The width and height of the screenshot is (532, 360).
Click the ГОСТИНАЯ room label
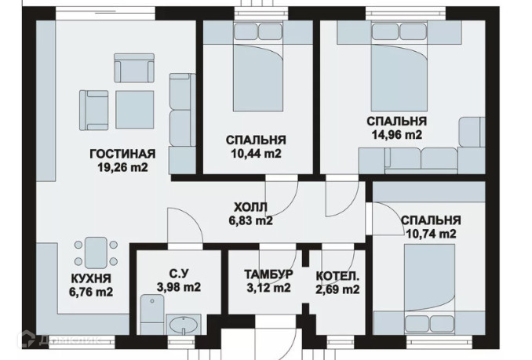click(x=122, y=154)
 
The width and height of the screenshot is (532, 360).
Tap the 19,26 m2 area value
click(x=122, y=167)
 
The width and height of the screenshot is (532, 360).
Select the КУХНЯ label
click(x=91, y=278)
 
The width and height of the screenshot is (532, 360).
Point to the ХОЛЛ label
click(x=251, y=207)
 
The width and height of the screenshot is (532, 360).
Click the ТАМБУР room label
click(x=268, y=274)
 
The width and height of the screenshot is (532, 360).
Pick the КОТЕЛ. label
click(x=337, y=276)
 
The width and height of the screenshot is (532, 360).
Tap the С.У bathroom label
click(x=178, y=273)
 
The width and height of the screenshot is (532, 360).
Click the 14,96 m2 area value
click(x=396, y=135)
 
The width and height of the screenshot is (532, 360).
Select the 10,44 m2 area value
click(x=256, y=154)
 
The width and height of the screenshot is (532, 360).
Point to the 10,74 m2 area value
click(x=431, y=234)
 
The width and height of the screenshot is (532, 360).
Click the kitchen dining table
click(x=96, y=253)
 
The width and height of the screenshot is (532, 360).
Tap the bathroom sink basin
click(x=183, y=325)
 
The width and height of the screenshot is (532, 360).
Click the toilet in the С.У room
click(x=152, y=315)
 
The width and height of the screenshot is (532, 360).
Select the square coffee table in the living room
click(x=135, y=109)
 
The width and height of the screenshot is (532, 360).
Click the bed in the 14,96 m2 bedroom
click(x=399, y=66)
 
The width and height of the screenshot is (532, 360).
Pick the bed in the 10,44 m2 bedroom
click(x=258, y=66)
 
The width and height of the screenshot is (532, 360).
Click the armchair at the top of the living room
click(x=134, y=67)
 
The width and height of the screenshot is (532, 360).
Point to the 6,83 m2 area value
click(x=251, y=220)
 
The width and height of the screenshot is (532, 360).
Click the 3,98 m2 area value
click(x=178, y=287)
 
